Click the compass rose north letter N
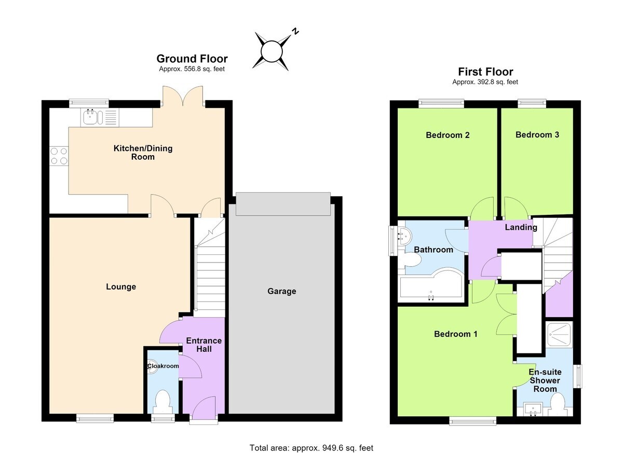tap(295, 31)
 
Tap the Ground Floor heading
tap(192, 59)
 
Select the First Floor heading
tap(485, 72)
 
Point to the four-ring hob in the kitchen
tap(59, 156)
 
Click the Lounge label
tap(121, 286)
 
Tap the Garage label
tap(282, 291)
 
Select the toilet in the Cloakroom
tap(162, 403)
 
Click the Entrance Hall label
tap(204, 345)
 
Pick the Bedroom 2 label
tap(448, 135)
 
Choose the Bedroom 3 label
tap(537, 135)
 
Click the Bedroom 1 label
tap(456, 334)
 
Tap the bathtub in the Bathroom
tap(431, 286)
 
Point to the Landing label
tap(521, 227)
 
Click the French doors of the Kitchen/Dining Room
tap(183, 96)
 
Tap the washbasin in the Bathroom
tap(405, 237)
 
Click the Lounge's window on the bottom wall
tap(95, 418)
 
